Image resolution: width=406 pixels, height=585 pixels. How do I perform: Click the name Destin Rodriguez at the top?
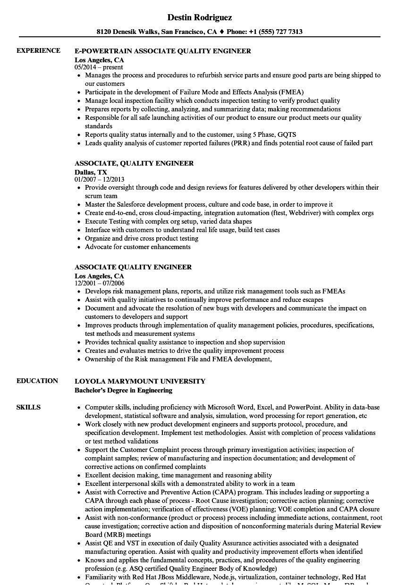pos(200,17)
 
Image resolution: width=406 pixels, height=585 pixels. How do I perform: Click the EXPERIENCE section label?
pos(38,50)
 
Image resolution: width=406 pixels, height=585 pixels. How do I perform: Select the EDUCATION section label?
pos(37,381)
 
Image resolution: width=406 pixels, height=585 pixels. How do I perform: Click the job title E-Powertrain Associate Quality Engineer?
pos(163,51)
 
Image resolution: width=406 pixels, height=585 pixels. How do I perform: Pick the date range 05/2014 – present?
pos(99,67)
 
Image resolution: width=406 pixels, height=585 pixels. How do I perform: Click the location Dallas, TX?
pos(91,172)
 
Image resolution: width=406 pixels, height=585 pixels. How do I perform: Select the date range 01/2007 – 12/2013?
pos(100,180)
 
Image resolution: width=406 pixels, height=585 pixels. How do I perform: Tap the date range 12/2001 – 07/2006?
pos(100,284)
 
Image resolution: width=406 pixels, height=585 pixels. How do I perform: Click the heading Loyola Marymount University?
pos(140,381)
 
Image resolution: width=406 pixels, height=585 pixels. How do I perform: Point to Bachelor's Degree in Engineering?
pos(123,390)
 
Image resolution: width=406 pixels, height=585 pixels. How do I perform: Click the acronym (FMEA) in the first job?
pos(292,92)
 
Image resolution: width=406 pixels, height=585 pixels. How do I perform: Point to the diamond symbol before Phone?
pos(222,32)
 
